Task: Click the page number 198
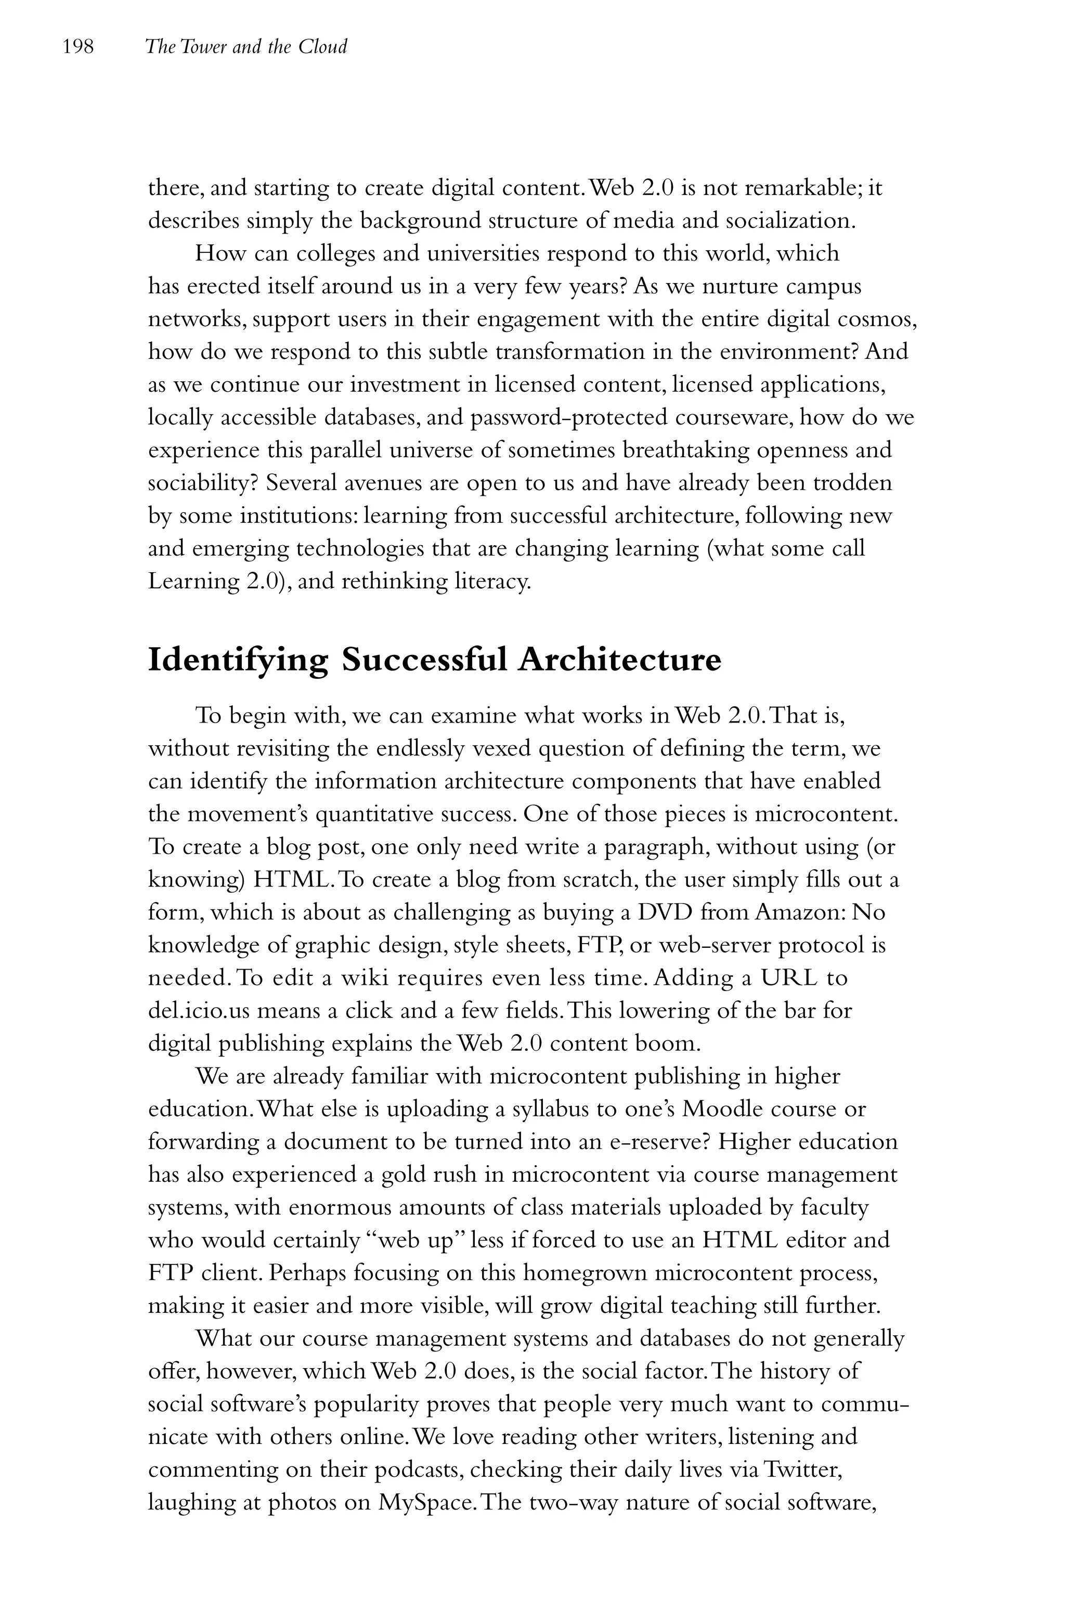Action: pos(77,47)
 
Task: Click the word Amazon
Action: pos(798,912)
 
